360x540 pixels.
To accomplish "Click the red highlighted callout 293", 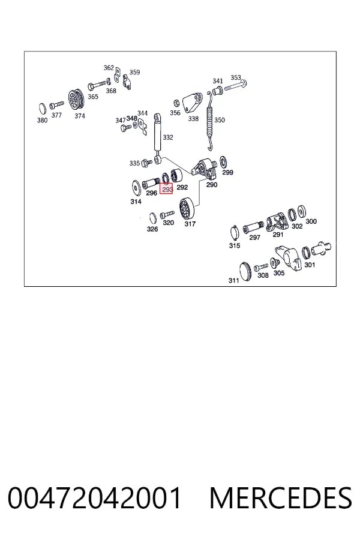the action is point(166,189).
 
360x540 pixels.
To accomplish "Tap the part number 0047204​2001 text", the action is point(94,497).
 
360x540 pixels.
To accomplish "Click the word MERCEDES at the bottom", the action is point(281,497).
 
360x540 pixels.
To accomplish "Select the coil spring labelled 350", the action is point(209,121).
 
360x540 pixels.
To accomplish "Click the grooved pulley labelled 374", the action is point(76,100).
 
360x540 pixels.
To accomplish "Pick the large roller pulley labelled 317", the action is point(187,208).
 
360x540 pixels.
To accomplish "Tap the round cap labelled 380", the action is point(42,109).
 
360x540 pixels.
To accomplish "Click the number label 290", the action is point(212,185).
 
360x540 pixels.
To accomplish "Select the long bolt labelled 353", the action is point(236,85).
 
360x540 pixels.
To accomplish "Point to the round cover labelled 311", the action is point(245,271).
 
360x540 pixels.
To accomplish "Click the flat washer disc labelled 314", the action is point(136,188).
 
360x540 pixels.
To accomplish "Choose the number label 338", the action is point(193,118).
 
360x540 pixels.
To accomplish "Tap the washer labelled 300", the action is point(302,211).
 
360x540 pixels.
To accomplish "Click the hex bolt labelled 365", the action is point(97,85).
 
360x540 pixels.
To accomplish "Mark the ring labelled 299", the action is point(223,161).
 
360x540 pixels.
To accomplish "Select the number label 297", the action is point(254,237).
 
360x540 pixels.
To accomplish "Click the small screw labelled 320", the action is point(167,215).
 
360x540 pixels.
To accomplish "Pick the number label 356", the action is point(175,113).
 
